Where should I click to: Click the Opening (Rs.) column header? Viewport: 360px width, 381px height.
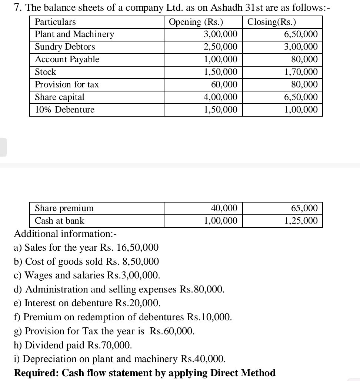point(196,22)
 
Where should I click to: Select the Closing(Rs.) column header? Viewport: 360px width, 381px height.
point(271,22)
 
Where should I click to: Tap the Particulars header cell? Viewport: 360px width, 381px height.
point(55,22)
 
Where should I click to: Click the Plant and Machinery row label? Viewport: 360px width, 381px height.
point(74,34)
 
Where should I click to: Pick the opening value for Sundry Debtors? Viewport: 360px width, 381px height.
point(221,47)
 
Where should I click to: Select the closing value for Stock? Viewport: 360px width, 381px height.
point(301,72)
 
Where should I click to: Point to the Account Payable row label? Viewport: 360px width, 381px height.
point(67,59)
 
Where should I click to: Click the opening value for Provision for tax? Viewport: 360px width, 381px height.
point(224,84)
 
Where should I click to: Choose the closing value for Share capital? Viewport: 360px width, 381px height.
point(301,97)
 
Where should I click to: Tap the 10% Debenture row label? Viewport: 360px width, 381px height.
point(64,110)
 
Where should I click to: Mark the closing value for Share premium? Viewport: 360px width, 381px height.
point(304,208)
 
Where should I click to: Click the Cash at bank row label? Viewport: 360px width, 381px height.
point(59,221)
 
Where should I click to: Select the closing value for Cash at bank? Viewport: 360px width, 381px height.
point(301,221)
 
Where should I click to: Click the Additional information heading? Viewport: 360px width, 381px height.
point(65,234)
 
